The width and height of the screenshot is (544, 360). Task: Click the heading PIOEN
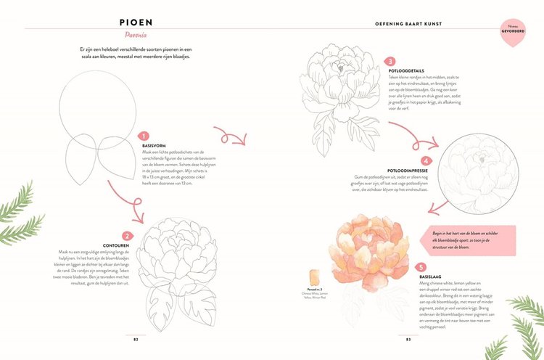143,22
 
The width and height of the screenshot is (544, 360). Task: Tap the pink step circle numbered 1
144,136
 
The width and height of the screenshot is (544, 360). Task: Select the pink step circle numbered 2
126,235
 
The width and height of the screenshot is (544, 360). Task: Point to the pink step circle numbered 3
390,62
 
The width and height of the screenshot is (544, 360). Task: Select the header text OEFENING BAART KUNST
428,22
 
